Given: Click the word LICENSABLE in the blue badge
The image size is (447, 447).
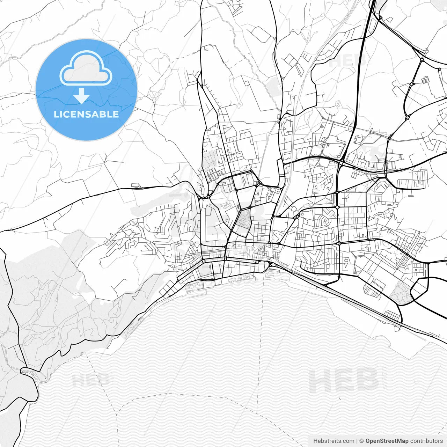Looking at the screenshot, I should point(86,114).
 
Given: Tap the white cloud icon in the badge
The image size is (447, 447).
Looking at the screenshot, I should point(86,69).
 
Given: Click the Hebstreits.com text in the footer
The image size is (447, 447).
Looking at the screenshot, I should point(334,441).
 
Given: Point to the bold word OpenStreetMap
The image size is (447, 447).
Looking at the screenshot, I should point(387,441).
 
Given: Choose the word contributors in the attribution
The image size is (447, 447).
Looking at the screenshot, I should point(426,441).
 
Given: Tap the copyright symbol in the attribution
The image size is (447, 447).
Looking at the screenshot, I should point(362,441).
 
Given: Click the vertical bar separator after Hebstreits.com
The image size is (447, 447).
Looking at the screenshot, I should point(357,441).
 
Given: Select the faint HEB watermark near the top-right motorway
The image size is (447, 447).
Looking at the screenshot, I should point(347,61).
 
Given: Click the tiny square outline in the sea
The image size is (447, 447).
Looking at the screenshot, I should point(417,381).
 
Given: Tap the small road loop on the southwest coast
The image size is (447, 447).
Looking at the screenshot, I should point(26,371).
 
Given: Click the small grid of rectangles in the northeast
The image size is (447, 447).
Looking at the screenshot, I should point(425,80).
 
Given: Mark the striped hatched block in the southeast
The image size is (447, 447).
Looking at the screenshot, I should point(371,290).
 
